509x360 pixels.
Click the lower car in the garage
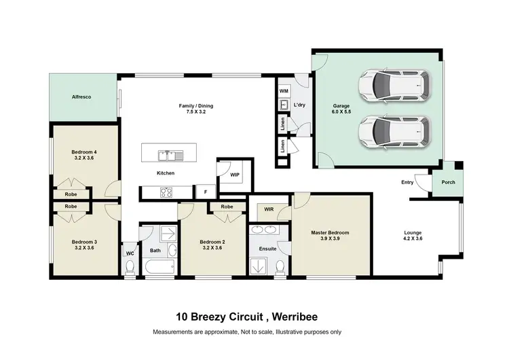(394, 130)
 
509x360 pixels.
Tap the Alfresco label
(81, 97)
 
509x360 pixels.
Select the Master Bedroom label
(330, 232)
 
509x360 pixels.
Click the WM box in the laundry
(284, 90)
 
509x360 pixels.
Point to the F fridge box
(206, 192)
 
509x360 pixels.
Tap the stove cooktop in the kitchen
(167, 192)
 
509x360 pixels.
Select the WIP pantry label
(235, 175)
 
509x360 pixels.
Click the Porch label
(448, 182)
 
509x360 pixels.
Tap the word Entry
(407, 182)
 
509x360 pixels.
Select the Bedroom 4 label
(84, 151)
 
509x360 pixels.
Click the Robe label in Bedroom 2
(227, 206)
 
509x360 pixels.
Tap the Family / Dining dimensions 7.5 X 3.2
(191, 111)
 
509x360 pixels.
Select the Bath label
(155, 251)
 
